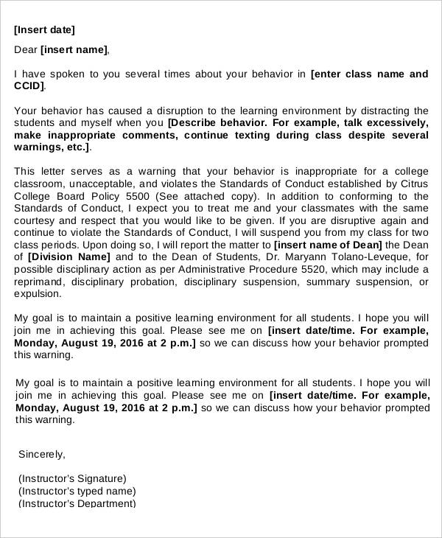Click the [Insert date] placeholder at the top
point(44,30)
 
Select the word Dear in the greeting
point(27,50)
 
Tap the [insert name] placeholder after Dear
point(74,50)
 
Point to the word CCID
point(29,86)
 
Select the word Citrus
point(411,184)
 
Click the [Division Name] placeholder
point(69,257)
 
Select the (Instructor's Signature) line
point(72,478)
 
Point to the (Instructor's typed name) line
point(77,491)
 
